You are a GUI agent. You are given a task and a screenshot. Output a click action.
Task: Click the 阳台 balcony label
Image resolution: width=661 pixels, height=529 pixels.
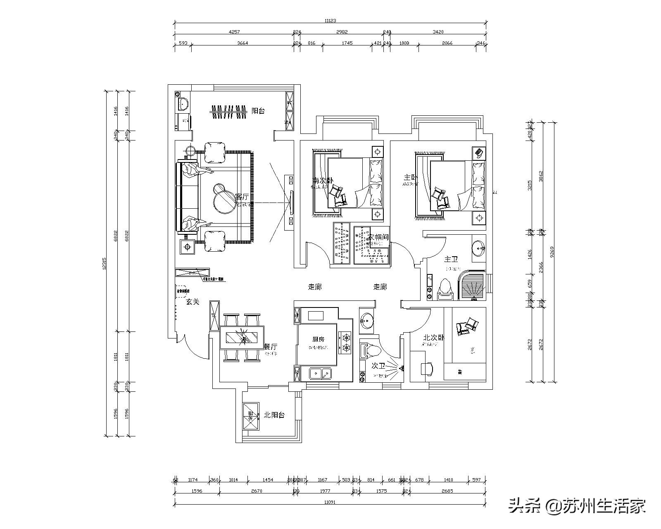(258, 111)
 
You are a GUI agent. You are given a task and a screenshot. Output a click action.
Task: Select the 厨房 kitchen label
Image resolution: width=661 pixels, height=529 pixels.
(318, 339)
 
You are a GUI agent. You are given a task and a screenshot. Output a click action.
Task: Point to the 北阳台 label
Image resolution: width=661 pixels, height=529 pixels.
(274, 415)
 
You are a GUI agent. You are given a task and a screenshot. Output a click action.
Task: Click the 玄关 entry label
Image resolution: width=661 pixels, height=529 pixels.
(193, 302)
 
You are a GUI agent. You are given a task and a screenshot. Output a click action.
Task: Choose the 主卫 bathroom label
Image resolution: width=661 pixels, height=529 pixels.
(451, 260)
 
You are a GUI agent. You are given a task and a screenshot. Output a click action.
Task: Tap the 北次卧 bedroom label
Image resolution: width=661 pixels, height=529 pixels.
(433, 338)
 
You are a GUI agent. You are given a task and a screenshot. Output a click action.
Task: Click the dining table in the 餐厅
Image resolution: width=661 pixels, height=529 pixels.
(242, 338)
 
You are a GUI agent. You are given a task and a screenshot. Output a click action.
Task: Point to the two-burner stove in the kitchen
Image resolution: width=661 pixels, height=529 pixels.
(345, 343)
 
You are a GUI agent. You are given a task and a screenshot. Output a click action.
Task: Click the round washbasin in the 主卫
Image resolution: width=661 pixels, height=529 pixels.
(479, 248)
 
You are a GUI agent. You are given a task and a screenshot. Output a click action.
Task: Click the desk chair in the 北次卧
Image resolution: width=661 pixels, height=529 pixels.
(427, 367)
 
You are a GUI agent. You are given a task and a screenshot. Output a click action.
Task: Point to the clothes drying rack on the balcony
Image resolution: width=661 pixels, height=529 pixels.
(228, 112)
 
